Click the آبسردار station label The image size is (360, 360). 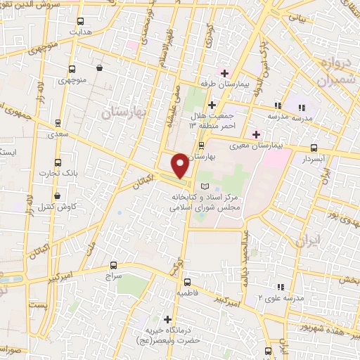(x=313, y=160)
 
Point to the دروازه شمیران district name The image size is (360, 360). (x=325, y=73)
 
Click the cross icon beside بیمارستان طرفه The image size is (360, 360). (x=226, y=73)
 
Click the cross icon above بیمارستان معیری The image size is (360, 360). (x=255, y=134)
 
